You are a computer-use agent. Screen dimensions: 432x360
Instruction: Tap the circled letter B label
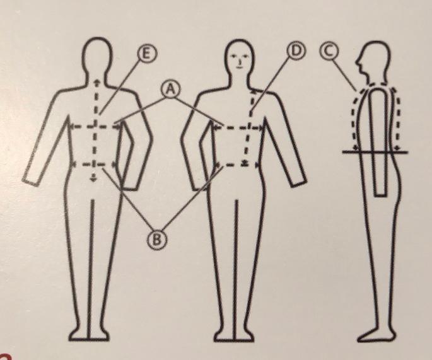click(157, 240)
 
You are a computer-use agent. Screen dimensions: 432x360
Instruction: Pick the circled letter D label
click(296, 51)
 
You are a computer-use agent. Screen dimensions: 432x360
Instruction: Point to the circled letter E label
click(148, 54)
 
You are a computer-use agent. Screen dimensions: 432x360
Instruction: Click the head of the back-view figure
click(98, 58)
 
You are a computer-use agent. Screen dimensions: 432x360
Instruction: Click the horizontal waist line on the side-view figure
click(375, 152)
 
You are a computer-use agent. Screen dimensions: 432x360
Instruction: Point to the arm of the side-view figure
click(379, 143)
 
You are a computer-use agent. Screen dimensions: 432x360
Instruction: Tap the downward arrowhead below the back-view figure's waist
click(94, 179)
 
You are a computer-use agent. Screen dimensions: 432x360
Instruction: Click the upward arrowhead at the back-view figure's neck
click(96, 81)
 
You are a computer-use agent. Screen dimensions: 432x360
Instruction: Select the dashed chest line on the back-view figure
click(96, 127)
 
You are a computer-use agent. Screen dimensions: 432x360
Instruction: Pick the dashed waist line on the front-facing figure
click(236, 165)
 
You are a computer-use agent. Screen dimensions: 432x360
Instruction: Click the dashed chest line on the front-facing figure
click(238, 128)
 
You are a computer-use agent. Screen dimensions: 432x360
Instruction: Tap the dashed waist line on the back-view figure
click(94, 165)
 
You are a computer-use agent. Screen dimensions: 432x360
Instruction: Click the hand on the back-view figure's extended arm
click(31, 180)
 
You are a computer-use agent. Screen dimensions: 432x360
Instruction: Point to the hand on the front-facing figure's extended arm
click(298, 181)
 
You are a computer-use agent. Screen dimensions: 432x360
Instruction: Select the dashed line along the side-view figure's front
click(353, 119)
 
